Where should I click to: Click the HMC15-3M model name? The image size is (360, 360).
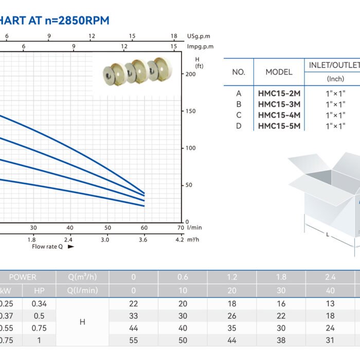[x=279, y=104]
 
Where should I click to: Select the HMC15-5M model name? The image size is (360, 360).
[x=279, y=126]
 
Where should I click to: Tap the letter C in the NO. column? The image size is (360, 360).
[x=239, y=115]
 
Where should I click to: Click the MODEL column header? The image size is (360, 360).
[x=279, y=72]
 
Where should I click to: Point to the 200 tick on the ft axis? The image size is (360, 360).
[x=190, y=74]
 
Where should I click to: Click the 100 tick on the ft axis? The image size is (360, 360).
[x=190, y=148]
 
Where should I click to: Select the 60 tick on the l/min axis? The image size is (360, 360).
[x=144, y=228]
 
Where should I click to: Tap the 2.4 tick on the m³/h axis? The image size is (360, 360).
[x=68, y=240]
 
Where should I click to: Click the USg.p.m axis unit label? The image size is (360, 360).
[x=199, y=37]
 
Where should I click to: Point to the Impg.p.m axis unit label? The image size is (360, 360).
[x=200, y=47]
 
